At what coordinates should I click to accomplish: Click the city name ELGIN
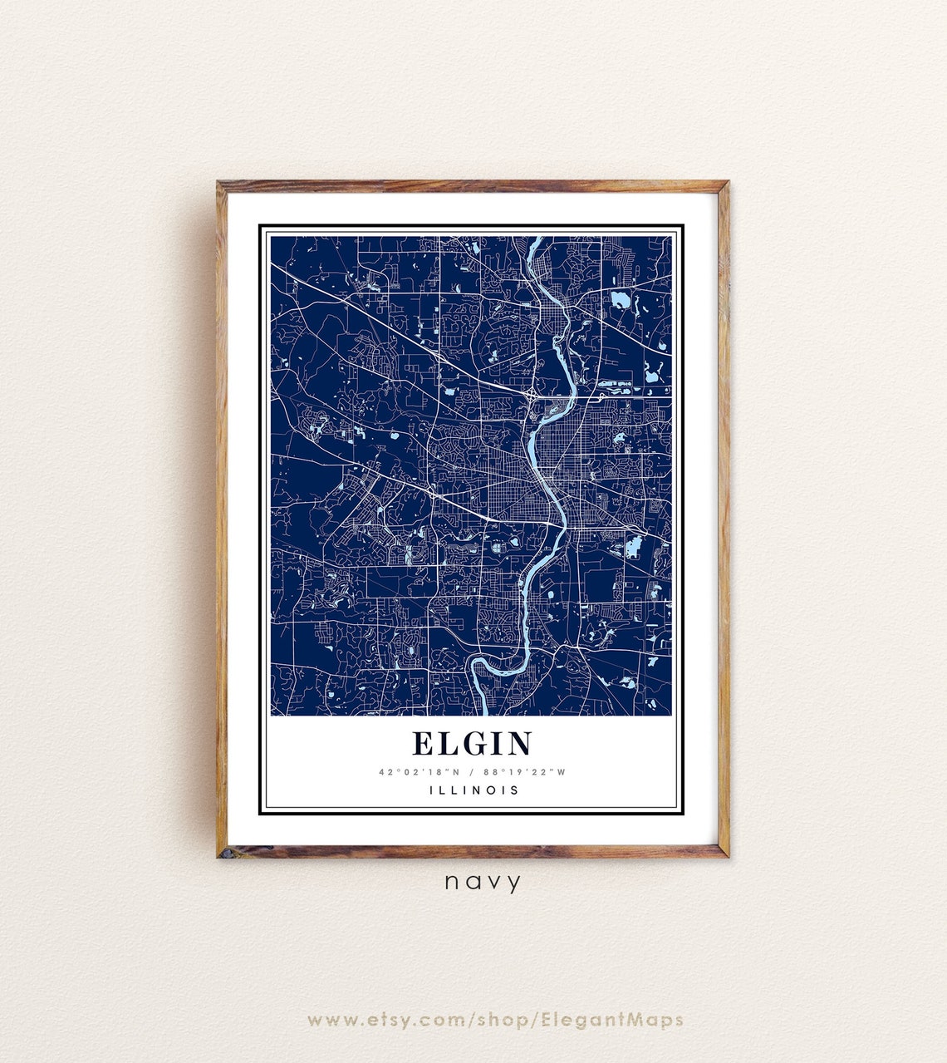472,743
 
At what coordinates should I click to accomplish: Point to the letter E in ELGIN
422,743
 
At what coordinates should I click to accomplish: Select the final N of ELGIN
520,743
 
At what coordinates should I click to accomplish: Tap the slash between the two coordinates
472,772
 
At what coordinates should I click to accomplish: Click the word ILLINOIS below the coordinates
473,790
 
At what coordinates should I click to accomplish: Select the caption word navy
483,882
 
